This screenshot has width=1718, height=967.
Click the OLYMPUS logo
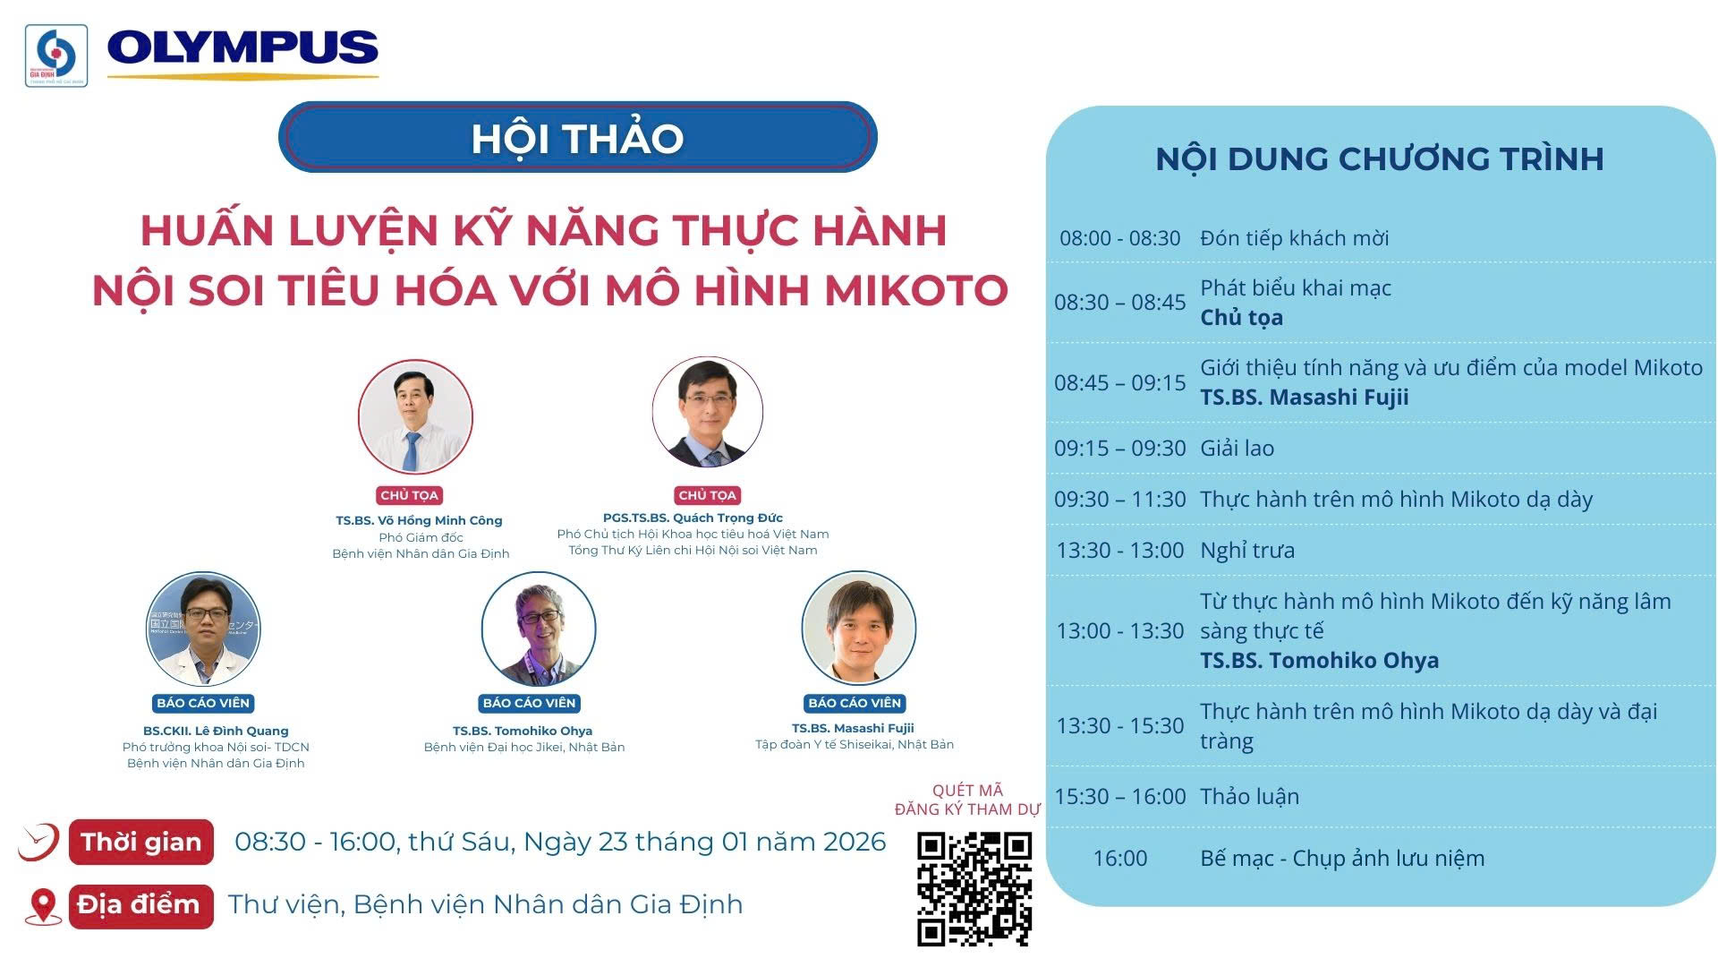click(242, 52)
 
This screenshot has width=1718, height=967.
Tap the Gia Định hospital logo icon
click(56, 56)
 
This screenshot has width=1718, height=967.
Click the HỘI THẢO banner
click(578, 137)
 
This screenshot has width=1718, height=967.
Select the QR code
click(974, 888)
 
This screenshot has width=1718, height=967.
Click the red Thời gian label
click(141, 842)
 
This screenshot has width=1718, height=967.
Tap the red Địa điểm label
click(141, 906)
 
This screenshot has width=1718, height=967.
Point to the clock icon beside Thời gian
click(39, 843)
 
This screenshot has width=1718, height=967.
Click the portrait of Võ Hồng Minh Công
click(415, 417)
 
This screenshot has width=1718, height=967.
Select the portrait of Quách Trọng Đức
click(708, 412)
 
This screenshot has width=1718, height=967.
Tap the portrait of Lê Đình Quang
click(204, 629)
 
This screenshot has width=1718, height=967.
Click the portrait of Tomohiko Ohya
click(539, 629)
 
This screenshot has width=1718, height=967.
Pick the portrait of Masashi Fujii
click(859, 628)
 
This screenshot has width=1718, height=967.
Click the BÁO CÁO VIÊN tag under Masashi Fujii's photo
click(855, 703)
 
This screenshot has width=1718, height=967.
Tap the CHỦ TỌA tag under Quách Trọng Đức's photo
click(708, 495)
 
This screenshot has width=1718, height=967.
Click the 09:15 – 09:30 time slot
click(1120, 448)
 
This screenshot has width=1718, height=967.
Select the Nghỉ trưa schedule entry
click(1247, 550)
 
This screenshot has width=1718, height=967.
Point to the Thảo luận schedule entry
click(1250, 796)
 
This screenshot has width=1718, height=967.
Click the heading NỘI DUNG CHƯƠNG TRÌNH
click(1380, 158)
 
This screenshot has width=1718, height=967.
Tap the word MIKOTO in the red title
click(916, 289)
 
